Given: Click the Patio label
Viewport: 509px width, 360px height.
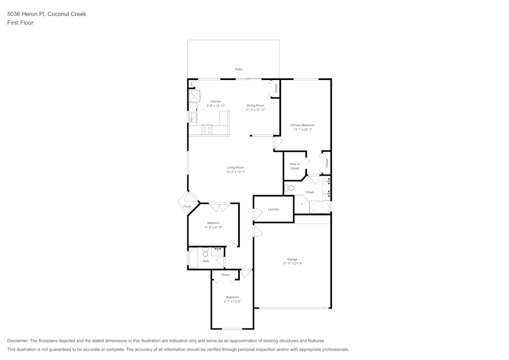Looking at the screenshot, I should (239, 69).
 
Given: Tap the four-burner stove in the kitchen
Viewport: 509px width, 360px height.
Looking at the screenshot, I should (207, 130).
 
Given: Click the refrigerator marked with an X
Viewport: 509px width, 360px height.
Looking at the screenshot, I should (193, 96).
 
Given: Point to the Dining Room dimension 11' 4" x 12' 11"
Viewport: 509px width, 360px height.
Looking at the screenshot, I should (256, 109).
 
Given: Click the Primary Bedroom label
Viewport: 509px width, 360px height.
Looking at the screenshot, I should (302, 125).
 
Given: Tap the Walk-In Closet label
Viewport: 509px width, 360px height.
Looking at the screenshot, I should (295, 166).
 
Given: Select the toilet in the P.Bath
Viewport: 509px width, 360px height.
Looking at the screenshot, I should (290, 188).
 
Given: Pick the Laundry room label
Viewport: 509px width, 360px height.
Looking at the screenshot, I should (273, 209).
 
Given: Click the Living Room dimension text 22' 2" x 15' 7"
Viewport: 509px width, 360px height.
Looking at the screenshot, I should (236, 172).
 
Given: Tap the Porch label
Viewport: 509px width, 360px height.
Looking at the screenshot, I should (187, 206).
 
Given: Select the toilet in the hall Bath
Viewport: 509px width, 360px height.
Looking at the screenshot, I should (205, 252).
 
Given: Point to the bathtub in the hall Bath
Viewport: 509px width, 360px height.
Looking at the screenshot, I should (193, 258).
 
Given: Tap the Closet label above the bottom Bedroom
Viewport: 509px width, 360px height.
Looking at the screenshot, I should (225, 275).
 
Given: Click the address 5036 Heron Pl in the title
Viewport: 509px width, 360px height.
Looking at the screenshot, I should (26, 14).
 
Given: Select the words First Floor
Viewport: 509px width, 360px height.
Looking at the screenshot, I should (20, 23).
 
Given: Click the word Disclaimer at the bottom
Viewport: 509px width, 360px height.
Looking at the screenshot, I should (18, 341).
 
